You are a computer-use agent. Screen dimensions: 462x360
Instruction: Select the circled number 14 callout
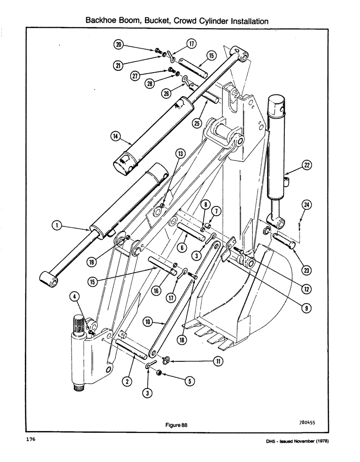[115, 136]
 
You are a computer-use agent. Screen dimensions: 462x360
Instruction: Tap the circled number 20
[119, 45]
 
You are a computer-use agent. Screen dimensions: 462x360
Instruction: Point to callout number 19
[94, 262]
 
